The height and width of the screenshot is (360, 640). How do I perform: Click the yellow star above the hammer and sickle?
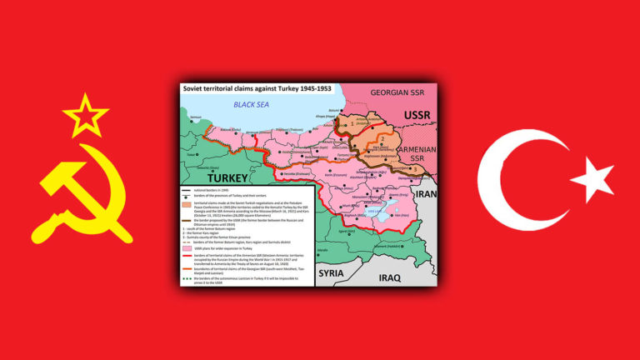86,115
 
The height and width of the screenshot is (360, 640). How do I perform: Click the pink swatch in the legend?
188,248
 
